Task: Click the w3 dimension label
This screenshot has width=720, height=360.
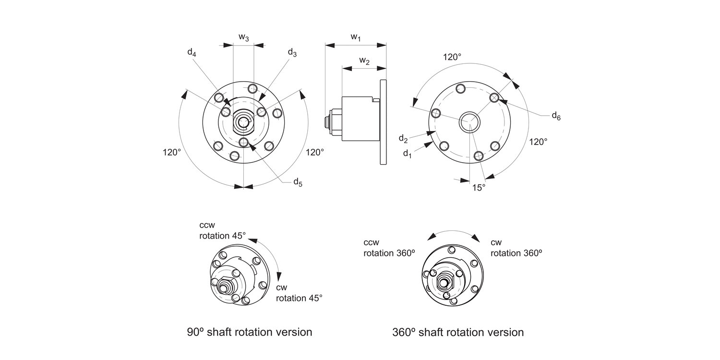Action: click(244, 37)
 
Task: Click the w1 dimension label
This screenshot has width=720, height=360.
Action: click(356, 37)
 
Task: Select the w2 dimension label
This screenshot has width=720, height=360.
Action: click(364, 61)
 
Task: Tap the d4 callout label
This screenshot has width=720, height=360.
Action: click(192, 52)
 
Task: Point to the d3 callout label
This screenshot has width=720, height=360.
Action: click(292, 52)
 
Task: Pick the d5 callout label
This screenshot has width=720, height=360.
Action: click(298, 182)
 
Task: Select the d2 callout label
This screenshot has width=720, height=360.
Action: click(403, 138)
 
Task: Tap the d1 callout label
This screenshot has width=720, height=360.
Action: click(407, 154)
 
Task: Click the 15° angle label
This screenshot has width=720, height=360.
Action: click(479, 187)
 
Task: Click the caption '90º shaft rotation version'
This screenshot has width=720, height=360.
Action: click(250, 332)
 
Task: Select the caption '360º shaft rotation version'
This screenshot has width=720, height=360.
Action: click(458, 332)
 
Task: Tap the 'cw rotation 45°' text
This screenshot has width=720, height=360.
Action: click(299, 293)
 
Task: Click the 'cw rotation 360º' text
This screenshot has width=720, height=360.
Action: click(516, 248)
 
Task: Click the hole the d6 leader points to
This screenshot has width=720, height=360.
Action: click(494, 97)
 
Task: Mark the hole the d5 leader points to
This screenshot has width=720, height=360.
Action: click(244, 142)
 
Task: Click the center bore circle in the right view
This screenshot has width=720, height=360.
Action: click(468, 121)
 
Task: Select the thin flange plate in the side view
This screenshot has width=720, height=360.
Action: click(383, 121)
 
